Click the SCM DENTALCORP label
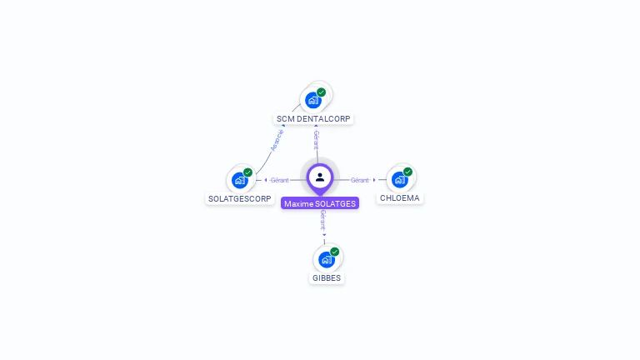coord(313,119)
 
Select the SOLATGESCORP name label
coord(240,199)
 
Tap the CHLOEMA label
coord(400,198)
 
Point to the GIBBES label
coord(327,278)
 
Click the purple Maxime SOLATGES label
coord(320,203)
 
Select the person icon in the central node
coord(320,177)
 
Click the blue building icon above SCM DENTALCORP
coord(313,100)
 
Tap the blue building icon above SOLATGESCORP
coord(240,180)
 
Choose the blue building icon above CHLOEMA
coord(400,179)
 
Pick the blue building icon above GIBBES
coord(327,259)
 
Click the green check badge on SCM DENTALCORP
coord(322,92)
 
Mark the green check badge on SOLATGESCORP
coord(248,172)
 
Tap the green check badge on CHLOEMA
coord(408,172)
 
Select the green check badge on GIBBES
coord(335,252)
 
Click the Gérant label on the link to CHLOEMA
coord(359,180)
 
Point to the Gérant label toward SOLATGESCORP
coord(279,180)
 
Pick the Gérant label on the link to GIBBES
coord(323,219)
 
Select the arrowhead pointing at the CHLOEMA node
coord(374,180)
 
